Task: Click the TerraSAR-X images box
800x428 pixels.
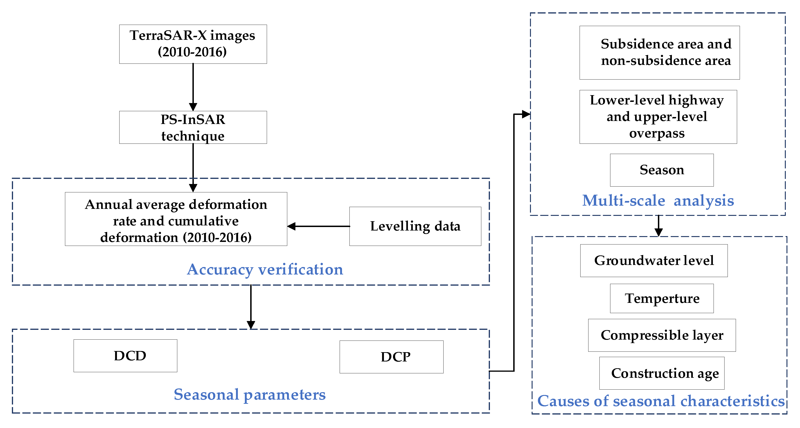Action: pyautogui.click(x=193, y=44)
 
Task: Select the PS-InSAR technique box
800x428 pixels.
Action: pyautogui.click(x=193, y=127)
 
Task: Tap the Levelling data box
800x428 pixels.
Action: pyautogui.click(x=415, y=226)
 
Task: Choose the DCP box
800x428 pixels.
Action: pyautogui.click(x=391, y=357)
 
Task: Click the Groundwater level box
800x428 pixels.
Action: pyautogui.click(x=653, y=261)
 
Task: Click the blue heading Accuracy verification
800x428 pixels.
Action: pyautogui.click(x=265, y=269)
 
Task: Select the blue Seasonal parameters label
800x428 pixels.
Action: pyautogui.click(x=249, y=395)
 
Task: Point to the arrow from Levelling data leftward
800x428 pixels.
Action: pyautogui.click(x=318, y=226)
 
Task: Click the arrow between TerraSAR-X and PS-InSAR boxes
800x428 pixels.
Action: pyautogui.click(x=193, y=87)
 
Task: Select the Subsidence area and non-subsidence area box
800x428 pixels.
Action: pyautogui.click(x=659, y=52)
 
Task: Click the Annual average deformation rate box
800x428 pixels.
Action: pyautogui.click(x=176, y=219)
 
